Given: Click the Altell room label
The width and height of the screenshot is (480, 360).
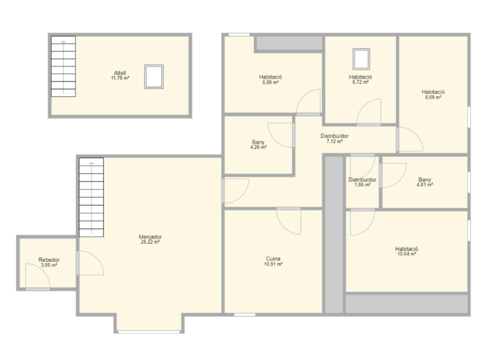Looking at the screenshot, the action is [120, 73].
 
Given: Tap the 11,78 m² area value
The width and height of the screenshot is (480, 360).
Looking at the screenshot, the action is [120, 78].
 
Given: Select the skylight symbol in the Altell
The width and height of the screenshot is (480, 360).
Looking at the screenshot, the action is [154, 76].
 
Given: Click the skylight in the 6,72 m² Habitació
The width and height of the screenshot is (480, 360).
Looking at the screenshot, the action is [361, 59].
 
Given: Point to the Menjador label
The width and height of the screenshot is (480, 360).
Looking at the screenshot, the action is [150, 237].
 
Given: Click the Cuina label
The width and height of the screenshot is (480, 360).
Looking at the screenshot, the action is [273, 259].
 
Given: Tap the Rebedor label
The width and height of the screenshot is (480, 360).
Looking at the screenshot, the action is [49, 260].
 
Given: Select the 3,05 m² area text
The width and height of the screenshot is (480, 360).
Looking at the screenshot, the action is [49, 265].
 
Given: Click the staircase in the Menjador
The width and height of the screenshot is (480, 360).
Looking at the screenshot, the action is [91, 197].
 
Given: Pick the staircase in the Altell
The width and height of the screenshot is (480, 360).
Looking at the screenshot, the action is [63, 66].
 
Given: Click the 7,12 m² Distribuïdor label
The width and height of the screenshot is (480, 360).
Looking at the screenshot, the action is [334, 136].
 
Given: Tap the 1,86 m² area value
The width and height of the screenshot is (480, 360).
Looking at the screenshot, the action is [362, 185].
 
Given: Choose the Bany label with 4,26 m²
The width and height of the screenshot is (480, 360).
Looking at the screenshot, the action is [258, 142].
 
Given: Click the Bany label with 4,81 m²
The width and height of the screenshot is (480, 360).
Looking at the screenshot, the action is [424, 180].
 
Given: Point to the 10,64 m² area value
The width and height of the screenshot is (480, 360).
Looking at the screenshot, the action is [406, 254].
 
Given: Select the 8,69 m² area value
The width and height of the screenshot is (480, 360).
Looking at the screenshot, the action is [433, 97].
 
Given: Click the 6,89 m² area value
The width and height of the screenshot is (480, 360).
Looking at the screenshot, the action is [270, 82].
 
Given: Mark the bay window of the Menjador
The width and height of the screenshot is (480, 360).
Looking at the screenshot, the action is [149, 332].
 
